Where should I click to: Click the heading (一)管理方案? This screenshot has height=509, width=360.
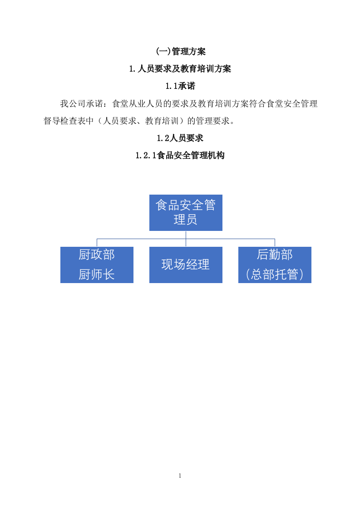click(180, 52)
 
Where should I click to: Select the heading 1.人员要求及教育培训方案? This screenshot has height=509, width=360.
click(180, 69)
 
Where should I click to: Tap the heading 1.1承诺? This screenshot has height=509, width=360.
click(180, 86)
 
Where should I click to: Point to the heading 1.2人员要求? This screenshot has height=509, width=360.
click(180, 138)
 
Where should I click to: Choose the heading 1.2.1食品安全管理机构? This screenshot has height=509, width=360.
click(180, 156)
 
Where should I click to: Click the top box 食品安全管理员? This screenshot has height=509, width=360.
click(186, 212)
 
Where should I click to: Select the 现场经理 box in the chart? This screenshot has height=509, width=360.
click(186, 264)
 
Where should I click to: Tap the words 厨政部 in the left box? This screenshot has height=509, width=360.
click(97, 255)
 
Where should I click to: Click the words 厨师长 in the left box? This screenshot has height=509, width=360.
click(97, 274)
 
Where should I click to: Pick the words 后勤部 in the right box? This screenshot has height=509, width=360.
click(275, 255)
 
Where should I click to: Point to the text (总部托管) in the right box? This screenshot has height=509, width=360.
click(275, 274)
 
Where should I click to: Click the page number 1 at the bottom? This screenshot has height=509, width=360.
click(180, 476)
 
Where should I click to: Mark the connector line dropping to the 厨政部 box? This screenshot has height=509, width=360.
click(97, 242)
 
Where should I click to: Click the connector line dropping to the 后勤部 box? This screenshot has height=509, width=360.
click(275, 242)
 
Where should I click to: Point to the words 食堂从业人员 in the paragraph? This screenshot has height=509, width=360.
click(138, 104)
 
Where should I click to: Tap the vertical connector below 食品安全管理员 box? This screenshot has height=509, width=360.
click(186, 235)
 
